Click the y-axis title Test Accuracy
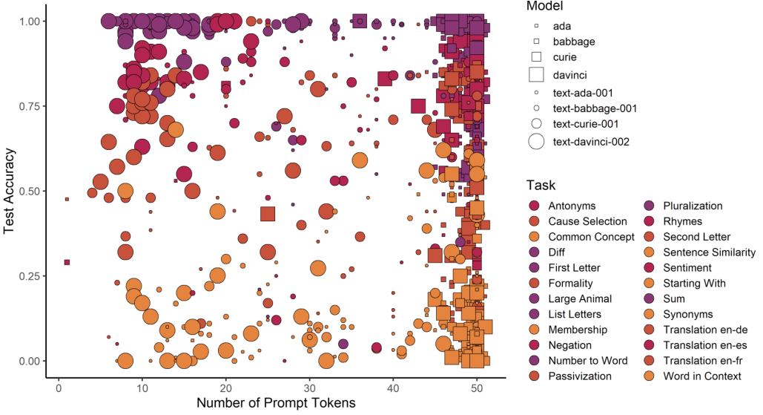9,191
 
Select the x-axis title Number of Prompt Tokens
276,403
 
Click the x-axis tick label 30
309,388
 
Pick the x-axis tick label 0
59,388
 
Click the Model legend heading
544,7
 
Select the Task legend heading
541,185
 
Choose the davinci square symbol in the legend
536,74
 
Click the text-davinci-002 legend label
591,142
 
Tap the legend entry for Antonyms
572,206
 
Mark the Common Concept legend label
591,237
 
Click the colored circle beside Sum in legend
649,298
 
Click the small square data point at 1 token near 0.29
67,263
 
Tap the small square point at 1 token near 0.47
67,199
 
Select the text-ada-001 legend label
583,93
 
